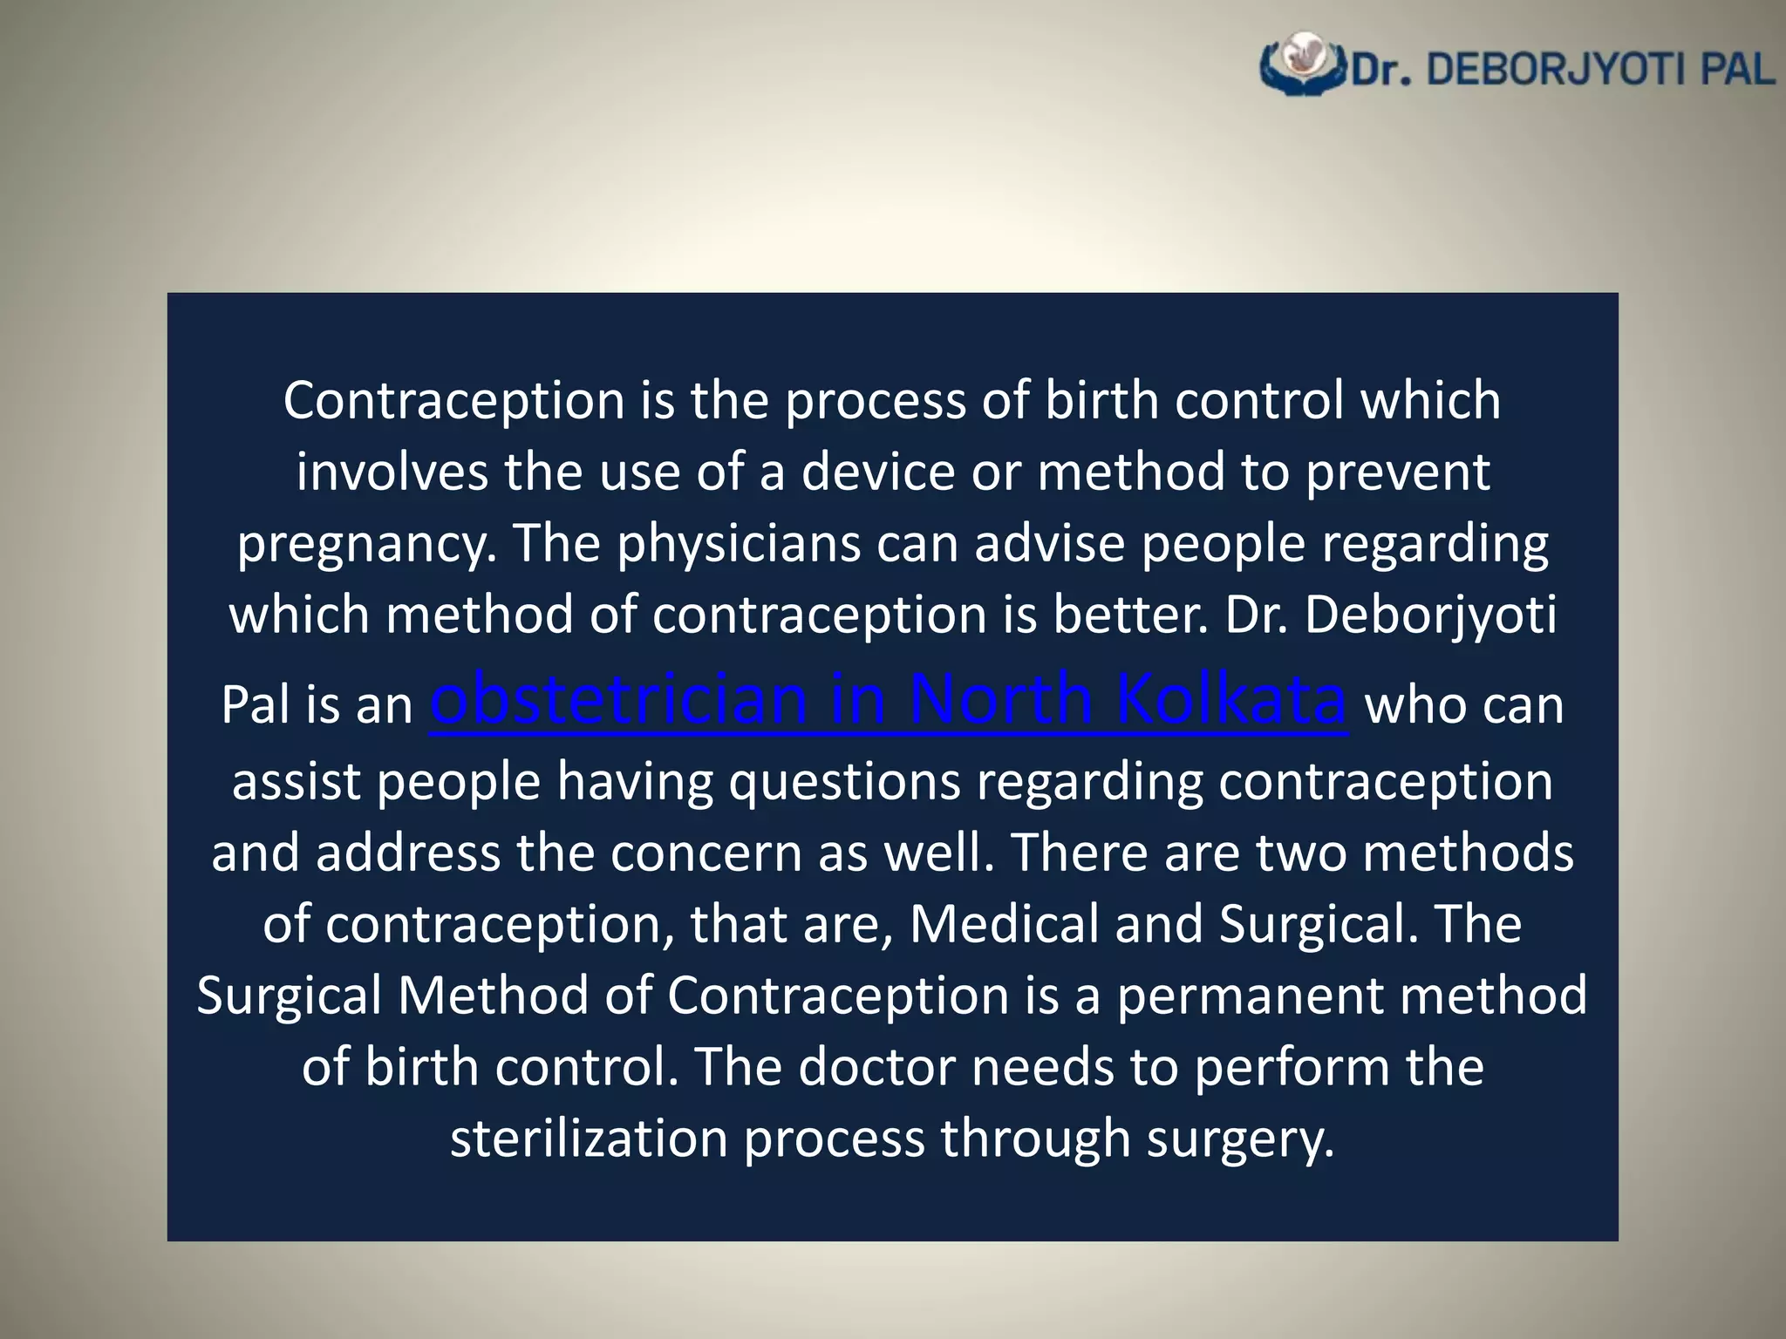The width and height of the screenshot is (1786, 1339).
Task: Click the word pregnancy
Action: [x=361, y=546]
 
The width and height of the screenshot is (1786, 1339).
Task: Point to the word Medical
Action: [x=1004, y=924]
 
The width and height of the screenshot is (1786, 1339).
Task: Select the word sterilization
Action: [x=589, y=1138]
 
